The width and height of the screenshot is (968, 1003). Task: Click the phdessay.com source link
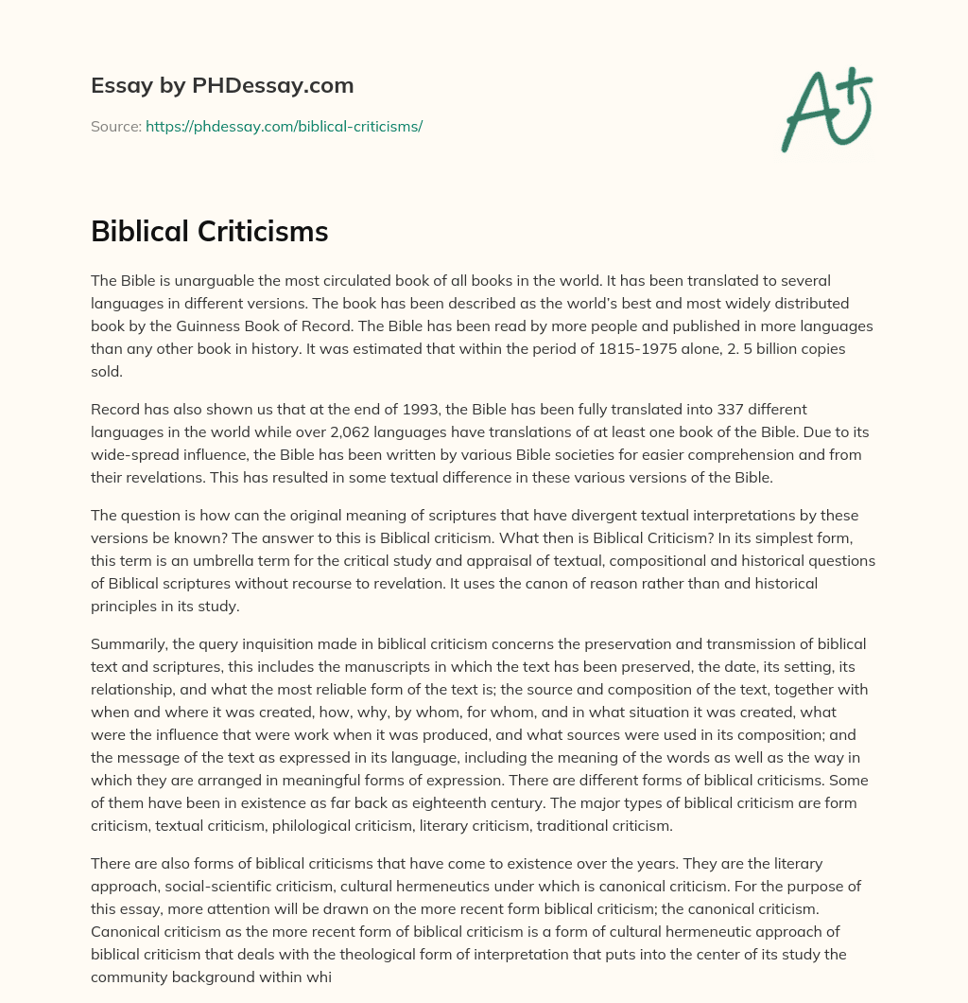coord(284,126)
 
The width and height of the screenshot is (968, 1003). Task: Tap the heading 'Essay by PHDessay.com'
coord(222,85)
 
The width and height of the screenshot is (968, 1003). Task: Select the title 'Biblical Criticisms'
coord(209,231)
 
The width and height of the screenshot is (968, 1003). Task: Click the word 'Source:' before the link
coord(115,126)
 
